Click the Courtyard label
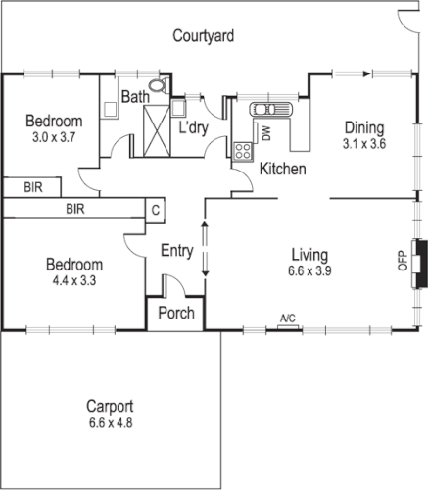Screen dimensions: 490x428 pos(204,37)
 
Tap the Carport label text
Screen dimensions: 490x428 pos(110,407)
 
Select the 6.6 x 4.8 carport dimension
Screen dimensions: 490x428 pos(110,423)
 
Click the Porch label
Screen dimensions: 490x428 pos(175,314)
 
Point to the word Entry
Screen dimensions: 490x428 pos(176,252)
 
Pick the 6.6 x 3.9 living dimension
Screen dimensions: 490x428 pos(308,270)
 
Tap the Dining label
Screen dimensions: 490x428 pos(363,128)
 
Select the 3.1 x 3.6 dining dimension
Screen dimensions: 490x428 pos(363,145)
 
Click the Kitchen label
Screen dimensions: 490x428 pos(283,170)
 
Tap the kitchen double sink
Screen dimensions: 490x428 pos(265,109)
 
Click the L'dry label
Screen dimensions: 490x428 pos(196,128)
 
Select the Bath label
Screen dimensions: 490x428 pos(134,97)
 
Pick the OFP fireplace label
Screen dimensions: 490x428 pos(401,257)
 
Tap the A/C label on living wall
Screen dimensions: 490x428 pos(288,318)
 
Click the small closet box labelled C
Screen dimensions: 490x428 pos(154,209)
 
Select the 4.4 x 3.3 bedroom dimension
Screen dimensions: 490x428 pos(74,282)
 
